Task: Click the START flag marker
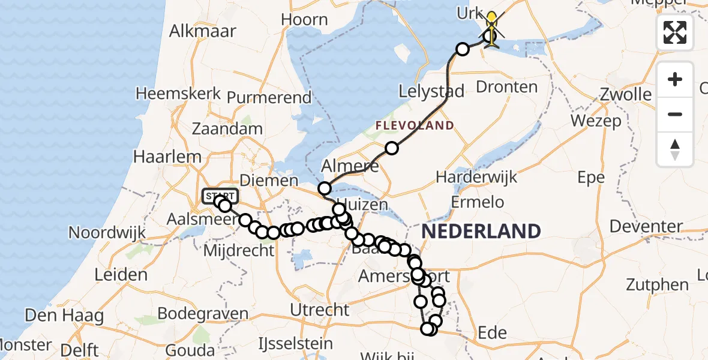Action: (221, 196)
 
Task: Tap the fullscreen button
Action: (675, 32)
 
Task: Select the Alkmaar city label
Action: (203, 31)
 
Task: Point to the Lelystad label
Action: (432, 92)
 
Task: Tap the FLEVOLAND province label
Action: (415, 126)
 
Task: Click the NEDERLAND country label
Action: (481, 231)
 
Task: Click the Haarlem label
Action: (159, 157)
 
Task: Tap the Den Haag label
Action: (64, 315)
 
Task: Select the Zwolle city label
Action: (628, 95)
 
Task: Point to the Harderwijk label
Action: (476, 178)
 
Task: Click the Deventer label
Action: (646, 227)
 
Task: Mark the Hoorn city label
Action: (304, 20)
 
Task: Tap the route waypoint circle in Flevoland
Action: (392, 148)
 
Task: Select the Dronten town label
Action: (506, 87)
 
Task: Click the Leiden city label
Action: (121, 275)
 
